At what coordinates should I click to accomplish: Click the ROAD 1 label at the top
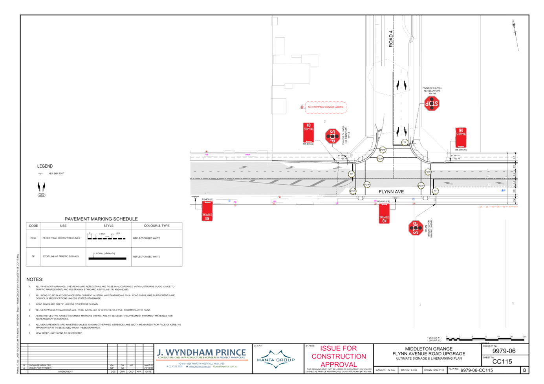(x=391, y=39)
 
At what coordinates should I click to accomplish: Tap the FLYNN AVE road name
(x=391, y=192)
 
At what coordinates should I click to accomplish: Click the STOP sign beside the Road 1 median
(x=432, y=104)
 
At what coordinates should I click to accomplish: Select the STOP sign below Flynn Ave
(x=415, y=228)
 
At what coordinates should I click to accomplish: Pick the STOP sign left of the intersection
(x=332, y=136)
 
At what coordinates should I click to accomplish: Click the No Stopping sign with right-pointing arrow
(x=461, y=138)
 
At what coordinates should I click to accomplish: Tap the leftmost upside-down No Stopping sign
(x=207, y=211)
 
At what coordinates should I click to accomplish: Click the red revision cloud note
(x=326, y=107)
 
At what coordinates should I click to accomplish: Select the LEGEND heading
(x=45, y=166)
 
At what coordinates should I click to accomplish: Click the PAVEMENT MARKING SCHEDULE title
(x=101, y=219)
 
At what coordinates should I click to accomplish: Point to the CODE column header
(x=34, y=226)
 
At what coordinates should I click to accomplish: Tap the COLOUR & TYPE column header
(x=157, y=226)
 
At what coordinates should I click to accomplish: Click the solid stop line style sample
(x=107, y=258)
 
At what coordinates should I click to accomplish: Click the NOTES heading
(x=35, y=279)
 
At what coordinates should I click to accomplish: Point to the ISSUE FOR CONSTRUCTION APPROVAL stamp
(x=339, y=356)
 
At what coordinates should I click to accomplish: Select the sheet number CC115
(x=502, y=362)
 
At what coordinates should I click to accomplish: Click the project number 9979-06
(x=504, y=351)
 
